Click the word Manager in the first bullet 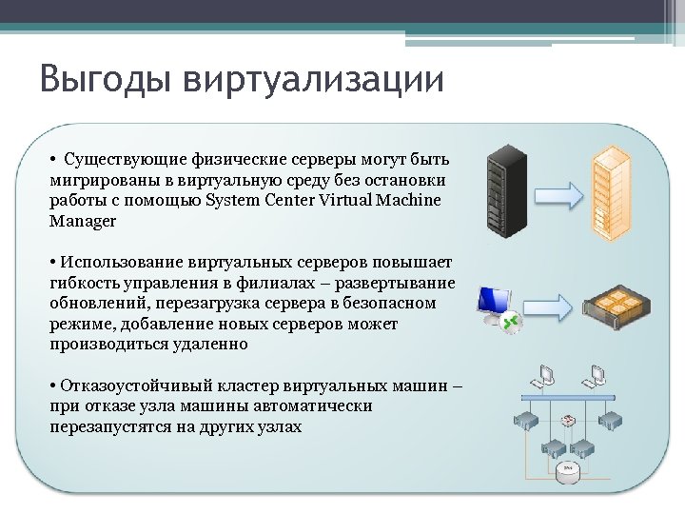[x=83, y=221]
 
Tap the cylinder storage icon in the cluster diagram [x=569, y=469]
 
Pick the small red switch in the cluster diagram [x=569, y=420]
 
